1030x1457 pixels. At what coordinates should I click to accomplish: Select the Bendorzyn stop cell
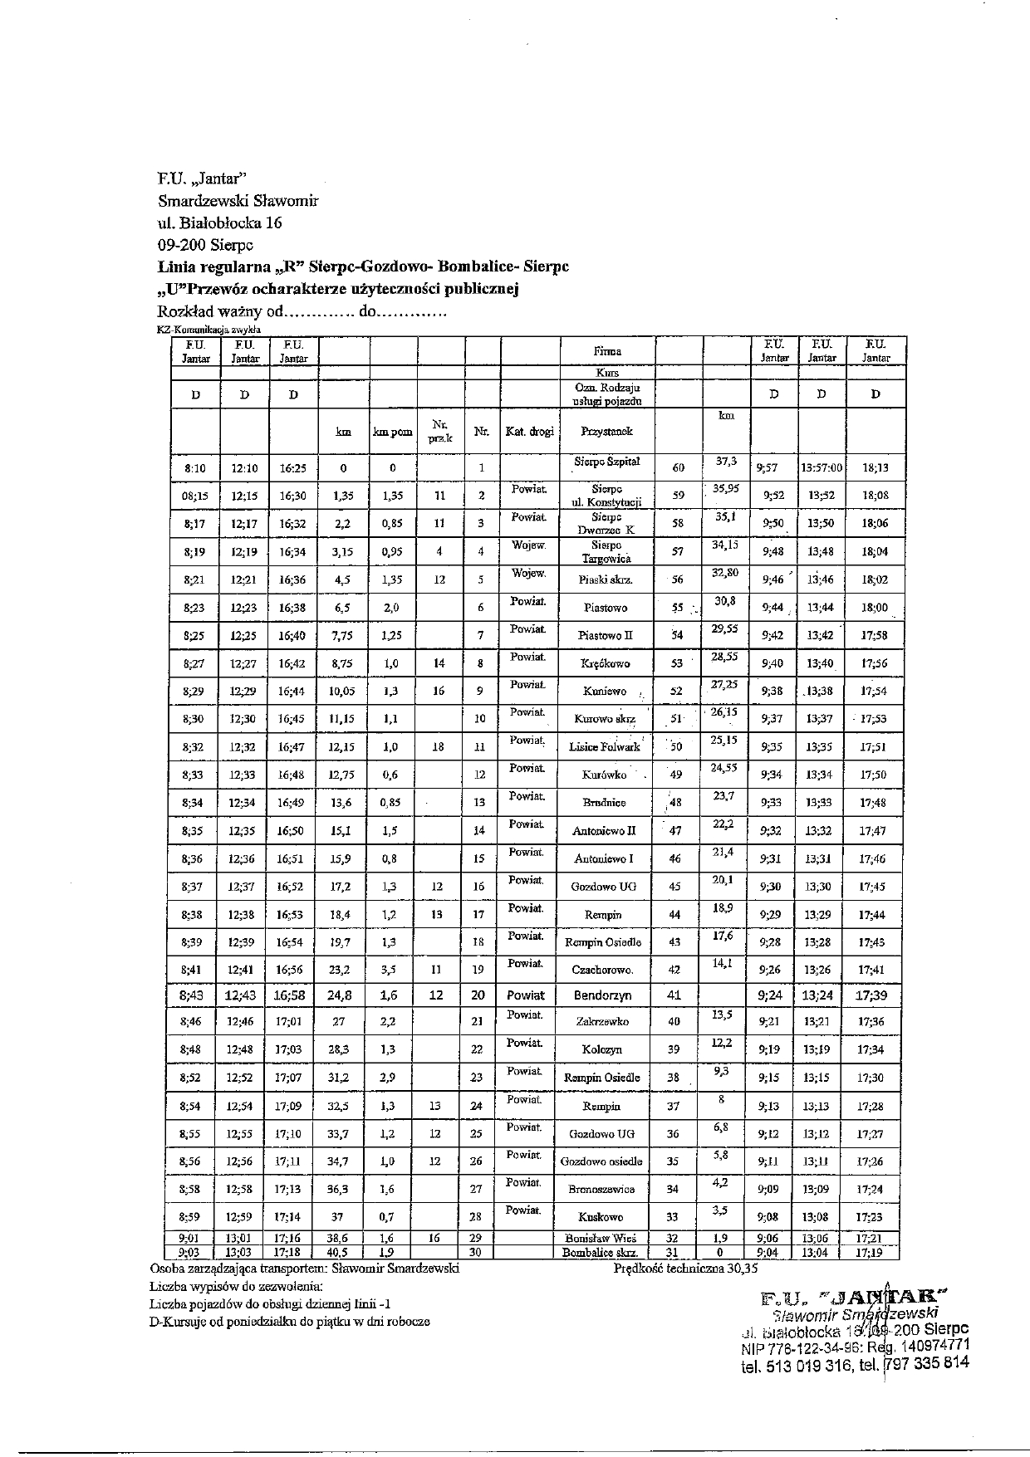(x=602, y=995)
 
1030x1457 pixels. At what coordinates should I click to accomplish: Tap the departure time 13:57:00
(x=822, y=468)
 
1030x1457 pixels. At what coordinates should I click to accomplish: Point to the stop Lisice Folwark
(x=605, y=747)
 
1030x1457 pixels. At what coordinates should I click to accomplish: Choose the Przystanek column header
(x=607, y=432)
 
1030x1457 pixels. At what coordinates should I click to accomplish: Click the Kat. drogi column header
(x=529, y=432)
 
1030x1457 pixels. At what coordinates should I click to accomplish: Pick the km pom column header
(x=393, y=433)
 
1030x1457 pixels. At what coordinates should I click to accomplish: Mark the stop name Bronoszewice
(x=601, y=1190)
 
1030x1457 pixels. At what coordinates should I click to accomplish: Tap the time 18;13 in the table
(x=875, y=468)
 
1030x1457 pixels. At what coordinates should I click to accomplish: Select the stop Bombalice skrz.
(x=600, y=1253)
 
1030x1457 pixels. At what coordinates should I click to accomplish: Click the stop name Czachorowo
(x=602, y=970)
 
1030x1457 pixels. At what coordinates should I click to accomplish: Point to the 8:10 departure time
(x=195, y=468)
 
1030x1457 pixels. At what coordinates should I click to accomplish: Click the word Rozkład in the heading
(x=184, y=312)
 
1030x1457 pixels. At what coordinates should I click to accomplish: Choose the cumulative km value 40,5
(x=340, y=1253)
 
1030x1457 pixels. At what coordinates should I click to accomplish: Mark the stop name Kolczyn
(x=603, y=1050)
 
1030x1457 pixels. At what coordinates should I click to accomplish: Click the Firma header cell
(x=607, y=351)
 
